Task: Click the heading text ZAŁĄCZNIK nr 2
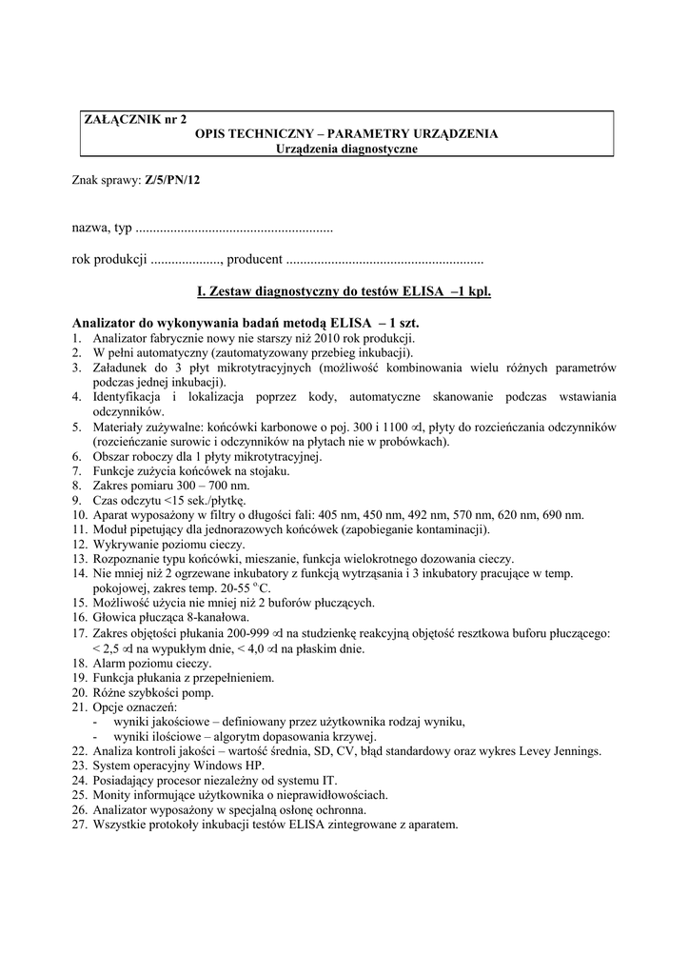click(x=136, y=119)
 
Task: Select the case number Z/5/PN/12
click(x=173, y=179)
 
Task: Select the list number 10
click(x=80, y=515)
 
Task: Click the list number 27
click(x=80, y=824)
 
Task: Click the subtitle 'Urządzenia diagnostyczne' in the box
click(x=346, y=149)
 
